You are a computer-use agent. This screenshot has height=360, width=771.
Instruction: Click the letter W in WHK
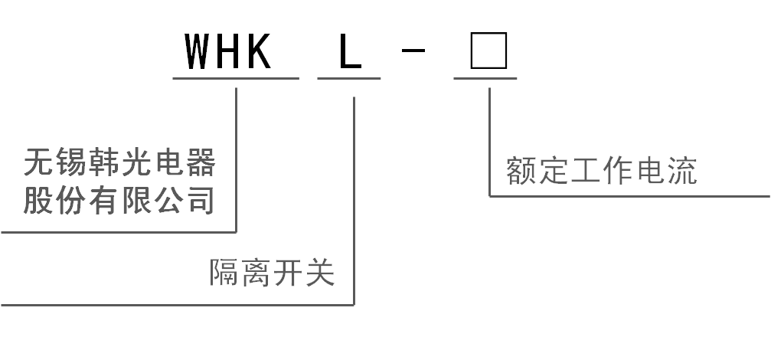(198, 51)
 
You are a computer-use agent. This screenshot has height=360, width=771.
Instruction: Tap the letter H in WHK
(229, 51)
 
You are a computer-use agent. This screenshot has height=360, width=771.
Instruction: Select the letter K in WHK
(259, 51)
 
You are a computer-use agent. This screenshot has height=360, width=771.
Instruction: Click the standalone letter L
(351, 51)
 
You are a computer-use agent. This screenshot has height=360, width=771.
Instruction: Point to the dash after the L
(413, 50)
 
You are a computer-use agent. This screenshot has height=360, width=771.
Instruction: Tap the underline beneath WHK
(236, 78)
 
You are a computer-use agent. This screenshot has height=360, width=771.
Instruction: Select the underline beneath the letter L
(349, 78)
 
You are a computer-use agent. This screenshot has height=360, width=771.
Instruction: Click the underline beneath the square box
(485, 78)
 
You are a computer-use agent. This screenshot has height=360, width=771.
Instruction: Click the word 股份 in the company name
(54, 200)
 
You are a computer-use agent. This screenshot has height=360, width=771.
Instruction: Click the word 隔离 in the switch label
(240, 272)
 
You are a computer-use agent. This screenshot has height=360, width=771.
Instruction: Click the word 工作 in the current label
(602, 171)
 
